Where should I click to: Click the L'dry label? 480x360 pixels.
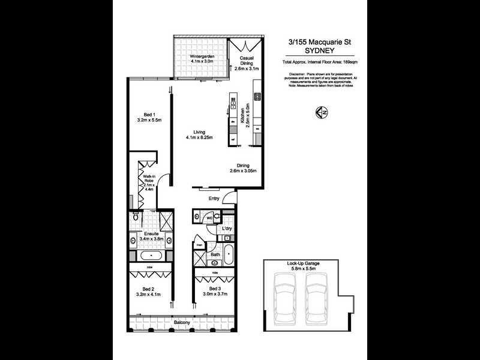coord(227,229)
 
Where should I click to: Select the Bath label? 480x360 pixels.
coord(215,254)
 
